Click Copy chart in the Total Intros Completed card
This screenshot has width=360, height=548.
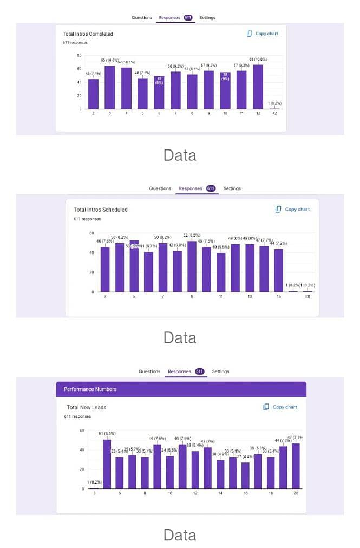[x=263, y=34]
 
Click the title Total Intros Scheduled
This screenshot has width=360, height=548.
[x=101, y=210]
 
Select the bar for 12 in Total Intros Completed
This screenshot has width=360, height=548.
[x=258, y=87]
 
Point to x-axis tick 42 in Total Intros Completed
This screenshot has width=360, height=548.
[x=274, y=113]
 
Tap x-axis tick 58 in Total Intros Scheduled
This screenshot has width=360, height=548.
[x=307, y=297]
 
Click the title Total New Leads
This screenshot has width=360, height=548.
[x=87, y=407]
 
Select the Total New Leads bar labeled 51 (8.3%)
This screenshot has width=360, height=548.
[x=107, y=464]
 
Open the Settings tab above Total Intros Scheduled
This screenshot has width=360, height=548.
[x=232, y=188]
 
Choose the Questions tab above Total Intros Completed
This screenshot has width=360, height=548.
[x=142, y=18]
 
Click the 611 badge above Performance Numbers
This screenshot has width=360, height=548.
[x=200, y=371]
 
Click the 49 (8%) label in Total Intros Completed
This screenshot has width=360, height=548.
[x=159, y=81]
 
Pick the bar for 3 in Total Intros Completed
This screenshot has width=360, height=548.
[x=110, y=87]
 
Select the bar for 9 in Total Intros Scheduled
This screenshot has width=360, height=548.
[x=192, y=266]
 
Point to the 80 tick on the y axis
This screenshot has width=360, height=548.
[x=79, y=56]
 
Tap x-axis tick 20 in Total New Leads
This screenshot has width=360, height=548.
[x=296, y=493]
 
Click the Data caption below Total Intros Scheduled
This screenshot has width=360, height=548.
[x=180, y=337]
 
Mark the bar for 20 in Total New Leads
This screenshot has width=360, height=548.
[x=296, y=466]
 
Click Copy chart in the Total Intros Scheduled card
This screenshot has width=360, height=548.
[x=292, y=209]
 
